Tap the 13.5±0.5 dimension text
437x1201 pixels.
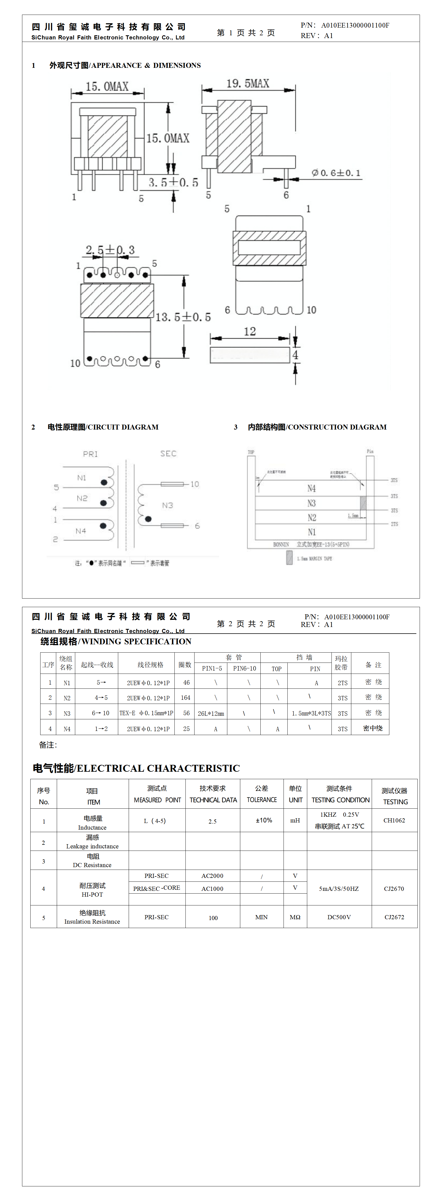point(183,318)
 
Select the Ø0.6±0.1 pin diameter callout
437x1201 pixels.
point(336,173)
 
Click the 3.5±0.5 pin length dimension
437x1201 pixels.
point(173,182)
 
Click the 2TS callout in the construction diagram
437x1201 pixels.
point(394,524)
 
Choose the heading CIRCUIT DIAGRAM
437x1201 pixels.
point(103,427)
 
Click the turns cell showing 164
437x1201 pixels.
point(185,698)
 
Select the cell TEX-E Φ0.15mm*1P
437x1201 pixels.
point(146,713)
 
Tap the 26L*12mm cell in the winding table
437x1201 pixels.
point(211,713)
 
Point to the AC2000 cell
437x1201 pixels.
point(212,876)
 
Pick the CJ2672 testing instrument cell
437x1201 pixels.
point(394,917)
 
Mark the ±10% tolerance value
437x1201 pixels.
point(264,820)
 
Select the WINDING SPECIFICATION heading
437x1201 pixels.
point(115,642)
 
